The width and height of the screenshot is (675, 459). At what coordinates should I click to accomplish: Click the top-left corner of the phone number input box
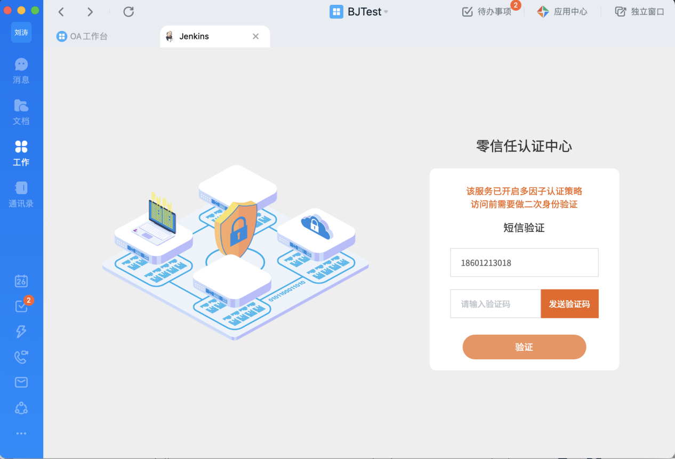click(x=451, y=248)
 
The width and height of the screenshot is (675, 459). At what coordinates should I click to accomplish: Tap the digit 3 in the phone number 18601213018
click(x=496, y=263)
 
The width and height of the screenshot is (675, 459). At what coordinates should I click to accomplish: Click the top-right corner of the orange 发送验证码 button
click(x=599, y=289)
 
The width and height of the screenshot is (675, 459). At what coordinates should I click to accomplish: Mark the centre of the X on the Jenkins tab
click(x=255, y=36)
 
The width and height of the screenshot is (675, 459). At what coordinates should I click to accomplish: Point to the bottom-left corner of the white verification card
click(x=430, y=370)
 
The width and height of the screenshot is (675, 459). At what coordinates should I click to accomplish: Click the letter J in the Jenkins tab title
click(x=182, y=36)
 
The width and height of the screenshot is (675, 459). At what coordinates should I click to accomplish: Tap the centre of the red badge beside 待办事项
click(x=516, y=5)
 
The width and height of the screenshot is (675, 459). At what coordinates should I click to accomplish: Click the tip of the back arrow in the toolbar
click(x=59, y=12)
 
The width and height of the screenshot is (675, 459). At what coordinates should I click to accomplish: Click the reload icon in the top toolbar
click(x=128, y=12)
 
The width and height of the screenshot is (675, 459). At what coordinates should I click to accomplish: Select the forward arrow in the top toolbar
click(x=90, y=12)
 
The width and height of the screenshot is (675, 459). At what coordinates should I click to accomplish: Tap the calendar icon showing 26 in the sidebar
click(x=21, y=281)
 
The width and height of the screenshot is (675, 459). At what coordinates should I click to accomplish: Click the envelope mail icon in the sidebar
click(x=21, y=382)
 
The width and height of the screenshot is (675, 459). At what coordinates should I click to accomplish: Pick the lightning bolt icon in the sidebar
click(x=21, y=331)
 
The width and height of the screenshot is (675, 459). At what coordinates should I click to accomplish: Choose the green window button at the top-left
click(x=35, y=11)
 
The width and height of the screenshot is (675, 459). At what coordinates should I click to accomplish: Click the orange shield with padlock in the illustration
click(x=236, y=229)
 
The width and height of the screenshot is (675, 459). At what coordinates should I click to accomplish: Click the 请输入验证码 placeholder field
click(x=496, y=304)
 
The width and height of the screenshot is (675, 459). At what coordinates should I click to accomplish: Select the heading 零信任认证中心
click(x=524, y=147)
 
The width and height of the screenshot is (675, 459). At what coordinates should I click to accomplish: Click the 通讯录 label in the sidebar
click(x=21, y=204)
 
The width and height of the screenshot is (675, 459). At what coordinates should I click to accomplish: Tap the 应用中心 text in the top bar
click(x=570, y=12)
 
